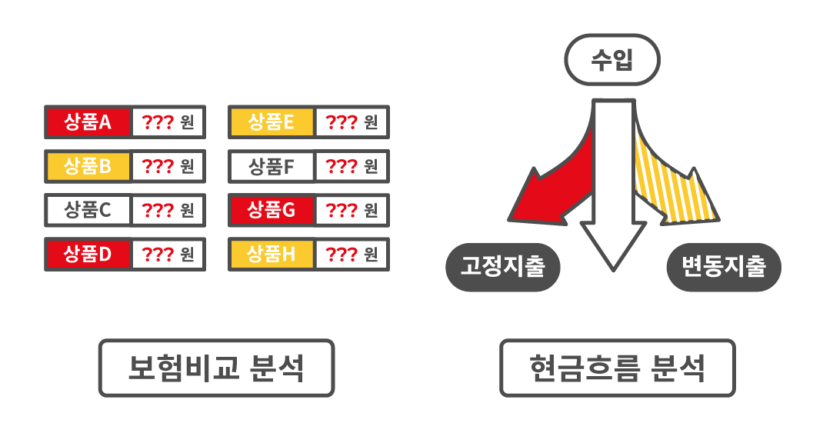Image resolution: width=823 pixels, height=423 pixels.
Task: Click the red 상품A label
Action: [88, 122]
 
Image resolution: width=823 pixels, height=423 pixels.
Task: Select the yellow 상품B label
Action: [88, 165]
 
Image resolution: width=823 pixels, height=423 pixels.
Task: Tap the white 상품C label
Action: [88, 209]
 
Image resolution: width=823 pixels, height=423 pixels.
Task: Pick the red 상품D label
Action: [88, 253]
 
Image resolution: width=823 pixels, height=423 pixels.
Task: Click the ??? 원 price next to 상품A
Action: [168, 122]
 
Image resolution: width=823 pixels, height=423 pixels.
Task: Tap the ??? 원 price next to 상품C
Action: [168, 209]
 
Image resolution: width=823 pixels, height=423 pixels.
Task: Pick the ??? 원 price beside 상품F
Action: [352, 165]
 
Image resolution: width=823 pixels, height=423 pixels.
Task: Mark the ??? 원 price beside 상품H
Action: [352, 253]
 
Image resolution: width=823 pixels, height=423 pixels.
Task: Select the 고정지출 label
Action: [503, 268]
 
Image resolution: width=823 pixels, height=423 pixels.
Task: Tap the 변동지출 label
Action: [724, 268]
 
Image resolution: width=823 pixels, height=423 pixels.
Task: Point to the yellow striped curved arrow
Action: [677, 188]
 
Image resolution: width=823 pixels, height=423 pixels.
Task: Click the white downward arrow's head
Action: [613, 242]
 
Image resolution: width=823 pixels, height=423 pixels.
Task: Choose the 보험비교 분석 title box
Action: [216, 368]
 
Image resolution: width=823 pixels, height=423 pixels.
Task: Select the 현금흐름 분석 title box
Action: [617, 368]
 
